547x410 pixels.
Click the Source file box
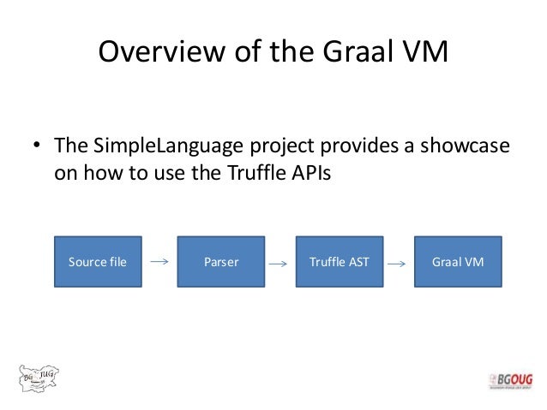tap(98, 262)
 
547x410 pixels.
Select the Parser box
tap(220, 262)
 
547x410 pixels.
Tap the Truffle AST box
tap(339, 262)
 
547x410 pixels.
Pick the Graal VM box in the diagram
tap(457, 262)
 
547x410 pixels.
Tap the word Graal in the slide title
tap(358, 53)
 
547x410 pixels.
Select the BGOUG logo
tap(508, 382)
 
